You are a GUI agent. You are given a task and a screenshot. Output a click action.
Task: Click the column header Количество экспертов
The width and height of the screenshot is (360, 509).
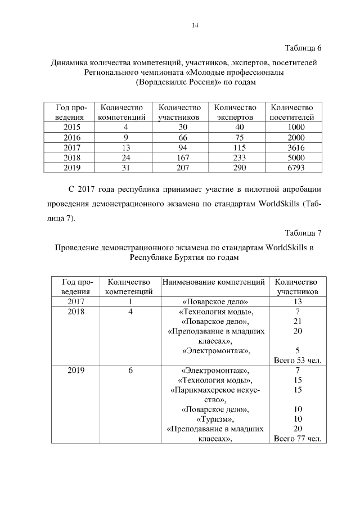(235, 112)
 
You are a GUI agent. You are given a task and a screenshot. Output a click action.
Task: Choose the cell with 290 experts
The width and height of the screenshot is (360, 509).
(235, 168)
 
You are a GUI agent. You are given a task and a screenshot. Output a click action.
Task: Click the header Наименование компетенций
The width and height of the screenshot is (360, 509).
(213, 281)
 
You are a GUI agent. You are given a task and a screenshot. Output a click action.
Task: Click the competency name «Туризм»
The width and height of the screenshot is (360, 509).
(213, 419)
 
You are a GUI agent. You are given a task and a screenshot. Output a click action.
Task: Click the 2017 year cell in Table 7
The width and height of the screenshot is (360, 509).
(76, 301)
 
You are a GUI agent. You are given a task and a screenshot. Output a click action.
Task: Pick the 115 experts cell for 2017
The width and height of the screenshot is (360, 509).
(235, 147)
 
